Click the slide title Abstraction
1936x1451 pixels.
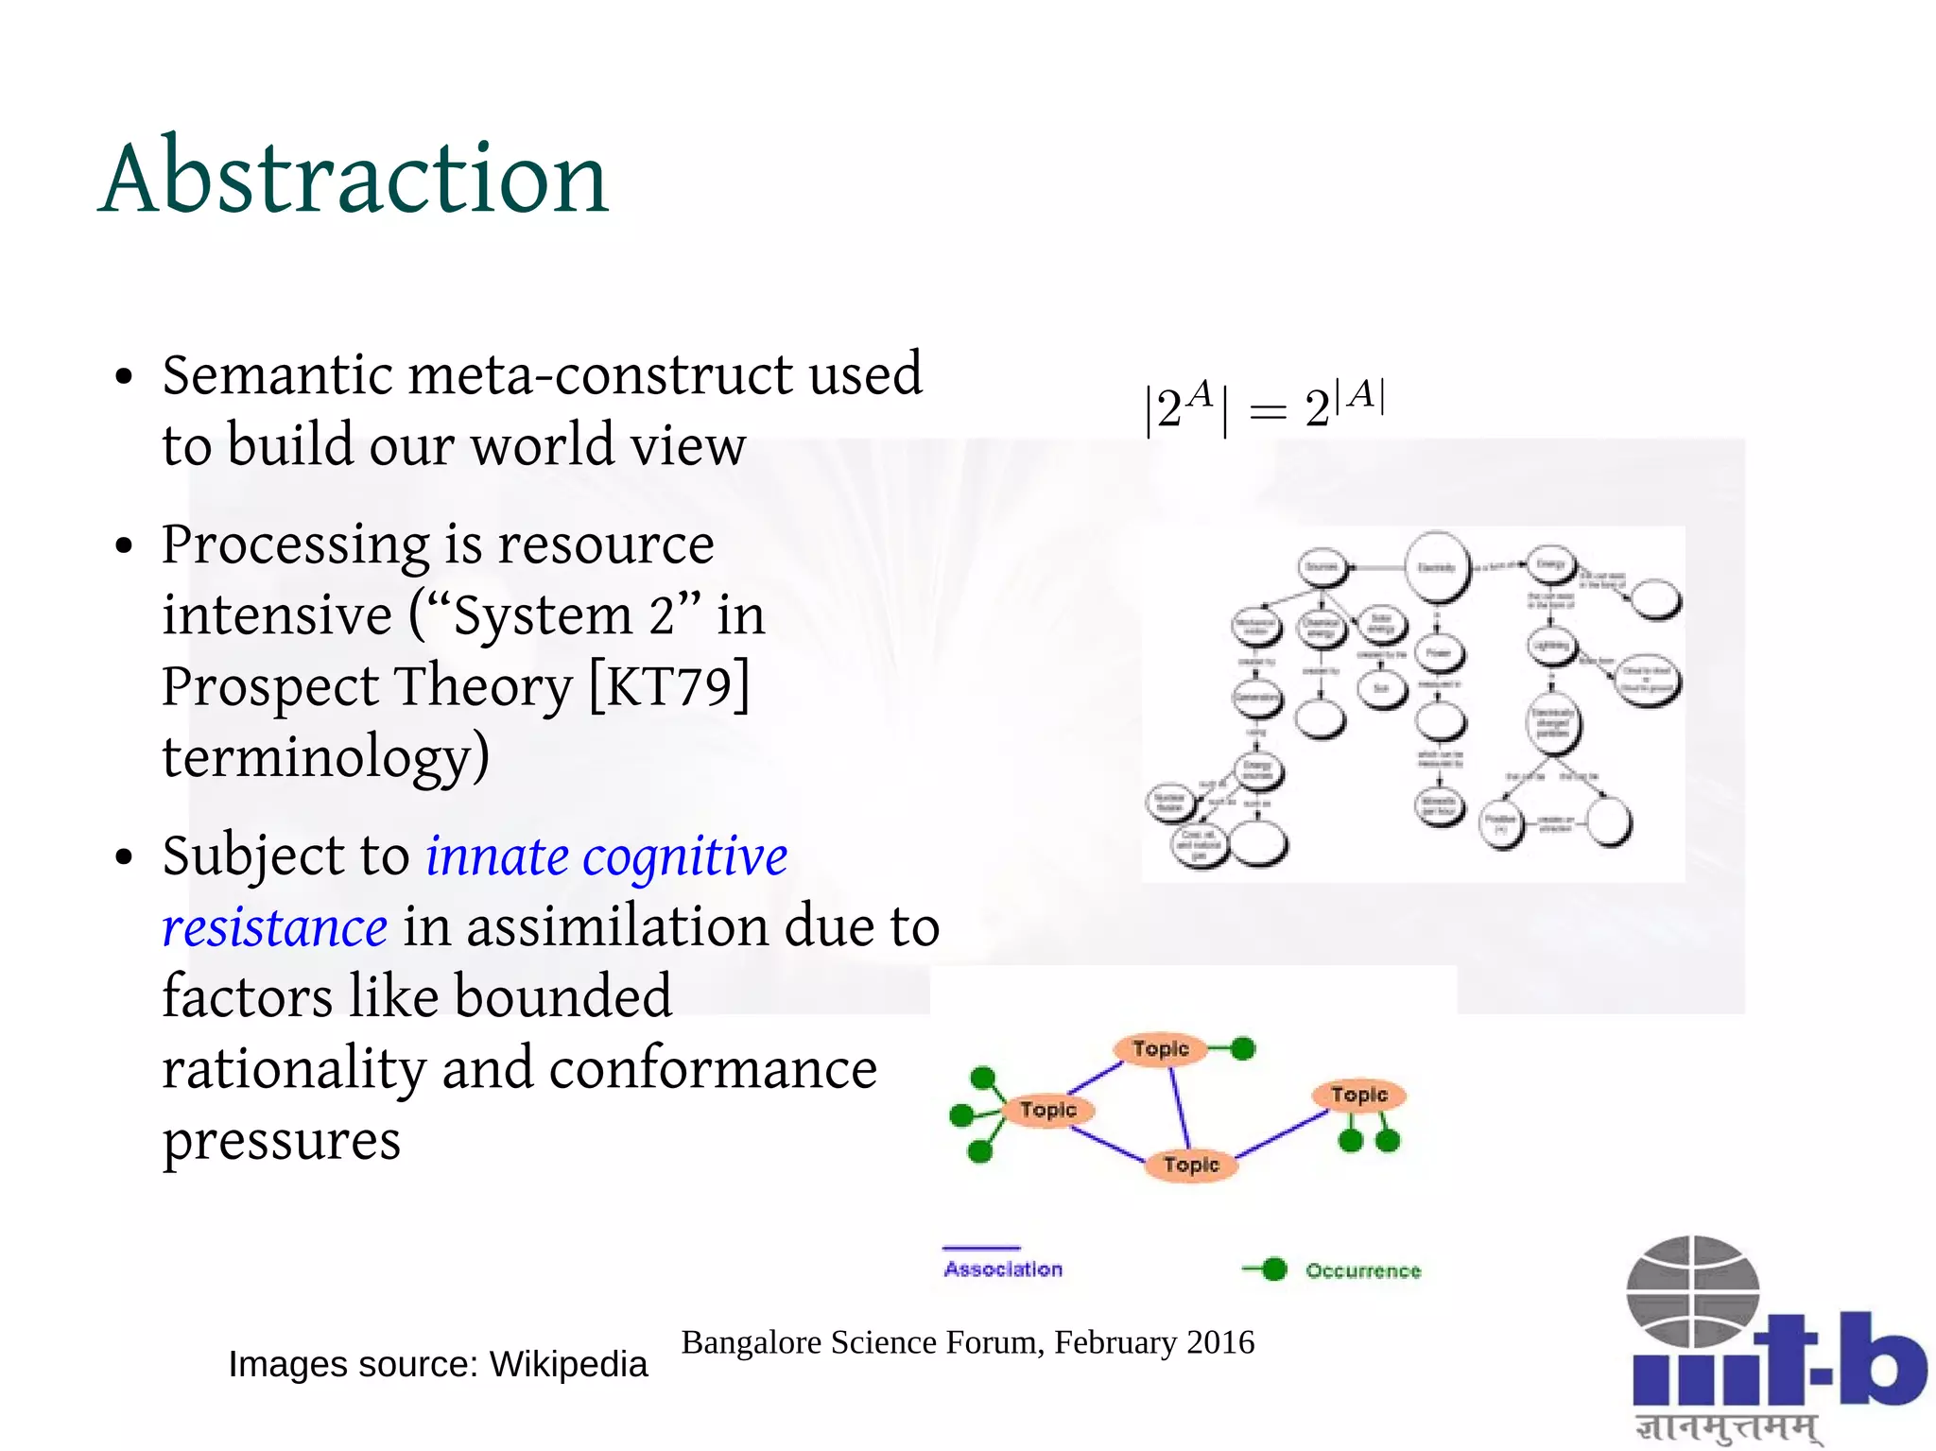click(354, 178)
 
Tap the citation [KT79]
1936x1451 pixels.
click(669, 684)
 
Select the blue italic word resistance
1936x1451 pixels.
click(274, 926)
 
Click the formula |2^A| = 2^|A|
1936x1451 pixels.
click(1264, 406)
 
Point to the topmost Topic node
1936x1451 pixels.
click(1160, 1048)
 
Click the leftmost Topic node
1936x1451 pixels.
click(1047, 1109)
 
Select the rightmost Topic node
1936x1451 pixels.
click(1358, 1095)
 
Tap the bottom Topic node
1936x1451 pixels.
click(1191, 1165)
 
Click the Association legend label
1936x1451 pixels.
click(1003, 1270)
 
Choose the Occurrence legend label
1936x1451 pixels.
click(1363, 1271)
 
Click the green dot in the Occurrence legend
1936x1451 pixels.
click(1274, 1270)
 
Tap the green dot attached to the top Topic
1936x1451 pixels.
click(1243, 1048)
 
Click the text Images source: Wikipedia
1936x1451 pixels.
click(438, 1364)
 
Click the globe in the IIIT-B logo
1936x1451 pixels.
click(1692, 1291)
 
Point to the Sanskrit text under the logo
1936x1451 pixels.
click(1728, 1426)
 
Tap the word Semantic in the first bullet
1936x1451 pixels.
click(277, 374)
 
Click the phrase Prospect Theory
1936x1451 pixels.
click(367, 685)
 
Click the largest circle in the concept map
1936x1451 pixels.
click(1437, 567)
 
